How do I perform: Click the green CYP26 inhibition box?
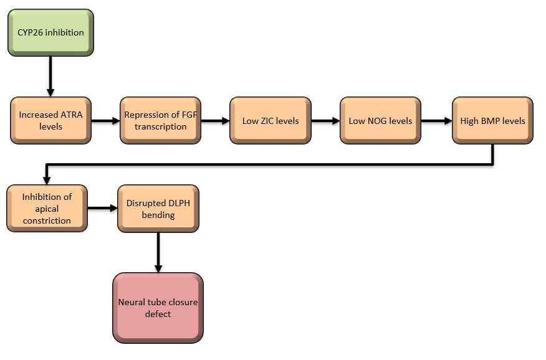pos(50,32)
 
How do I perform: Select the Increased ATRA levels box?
pos(50,120)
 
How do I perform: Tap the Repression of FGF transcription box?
pos(160,120)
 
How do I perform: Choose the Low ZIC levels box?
pos(271,120)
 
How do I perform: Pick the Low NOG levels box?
pos(380,120)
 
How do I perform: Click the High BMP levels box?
pos(492,120)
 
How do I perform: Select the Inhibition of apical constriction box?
pos(47,208)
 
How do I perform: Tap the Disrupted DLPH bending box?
pos(158,208)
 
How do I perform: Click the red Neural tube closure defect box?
pos(158,308)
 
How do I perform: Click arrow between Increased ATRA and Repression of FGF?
pos(105,120)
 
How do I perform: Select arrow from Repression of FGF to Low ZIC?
pos(216,120)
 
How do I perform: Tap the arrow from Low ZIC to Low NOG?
pos(325,120)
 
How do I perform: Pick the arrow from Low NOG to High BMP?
pos(436,120)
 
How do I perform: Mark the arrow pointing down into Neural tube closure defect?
pos(158,252)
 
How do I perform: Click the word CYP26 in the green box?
pos(30,32)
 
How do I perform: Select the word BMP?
pos(492,121)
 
